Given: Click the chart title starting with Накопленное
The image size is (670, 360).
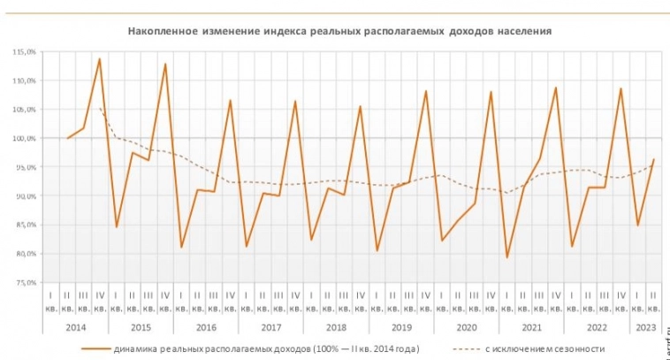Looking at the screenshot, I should (x=340, y=30).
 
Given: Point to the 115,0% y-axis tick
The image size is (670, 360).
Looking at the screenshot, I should (x=24, y=51).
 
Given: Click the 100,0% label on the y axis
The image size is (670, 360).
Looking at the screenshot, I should (x=24, y=138).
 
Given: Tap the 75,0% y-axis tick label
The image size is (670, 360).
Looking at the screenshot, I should (x=24, y=282).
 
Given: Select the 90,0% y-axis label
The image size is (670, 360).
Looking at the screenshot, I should (x=24, y=195).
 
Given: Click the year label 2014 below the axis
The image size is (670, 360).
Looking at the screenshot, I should (x=75, y=326).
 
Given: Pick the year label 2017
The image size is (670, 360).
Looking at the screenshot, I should (x=270, y=326).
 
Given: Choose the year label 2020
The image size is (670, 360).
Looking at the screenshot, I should (x=466, y=326).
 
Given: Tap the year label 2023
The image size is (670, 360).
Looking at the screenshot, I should (x=644, y=326).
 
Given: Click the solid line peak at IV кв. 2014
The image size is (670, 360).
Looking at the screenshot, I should (x=100, y=59).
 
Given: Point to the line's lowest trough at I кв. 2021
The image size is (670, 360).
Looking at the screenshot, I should (x=507, y=257).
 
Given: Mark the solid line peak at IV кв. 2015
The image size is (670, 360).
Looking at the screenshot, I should (x=165, y=64).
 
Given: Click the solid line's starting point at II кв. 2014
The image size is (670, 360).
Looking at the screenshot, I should (x=67, y=138).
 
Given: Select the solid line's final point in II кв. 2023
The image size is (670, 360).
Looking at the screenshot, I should (x=653, y=160).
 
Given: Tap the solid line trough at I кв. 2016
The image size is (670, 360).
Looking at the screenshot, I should (x=181, y=247).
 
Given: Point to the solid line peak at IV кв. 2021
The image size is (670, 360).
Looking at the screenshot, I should (x=556, y=88).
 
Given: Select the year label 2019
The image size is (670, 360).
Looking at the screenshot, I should (x=400, y=326).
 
